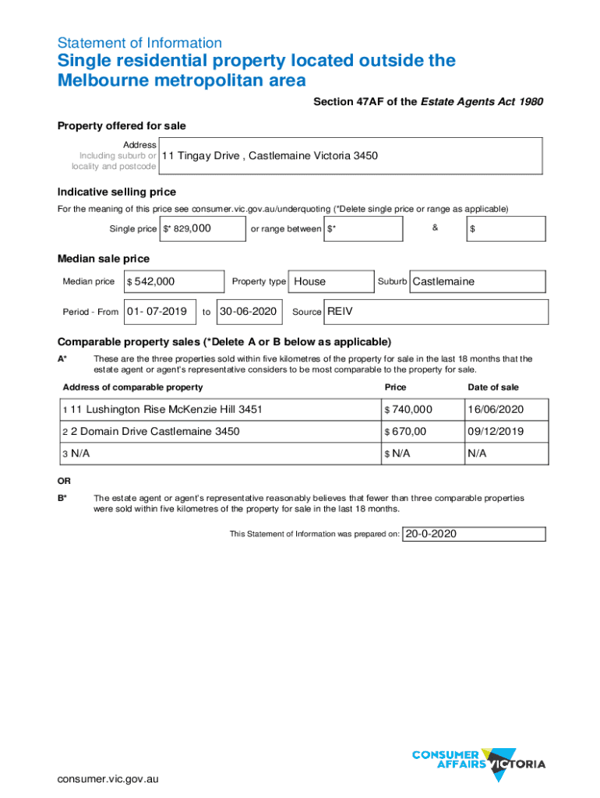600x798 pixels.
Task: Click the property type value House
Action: [310, 281]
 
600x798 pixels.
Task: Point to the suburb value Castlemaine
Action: [443, 281]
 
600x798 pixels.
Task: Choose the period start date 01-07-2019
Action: [157, 312]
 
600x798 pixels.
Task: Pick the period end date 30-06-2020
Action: [249, 312]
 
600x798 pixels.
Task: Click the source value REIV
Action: [341, 312]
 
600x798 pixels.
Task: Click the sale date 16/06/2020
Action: [496, 409]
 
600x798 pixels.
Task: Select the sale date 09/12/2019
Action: [496, 431]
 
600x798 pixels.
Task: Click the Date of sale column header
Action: [492, 387]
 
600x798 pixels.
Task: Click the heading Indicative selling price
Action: [117, 192]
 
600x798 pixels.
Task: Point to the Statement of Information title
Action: [139, 43]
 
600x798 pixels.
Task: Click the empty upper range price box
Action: [506, 229]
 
